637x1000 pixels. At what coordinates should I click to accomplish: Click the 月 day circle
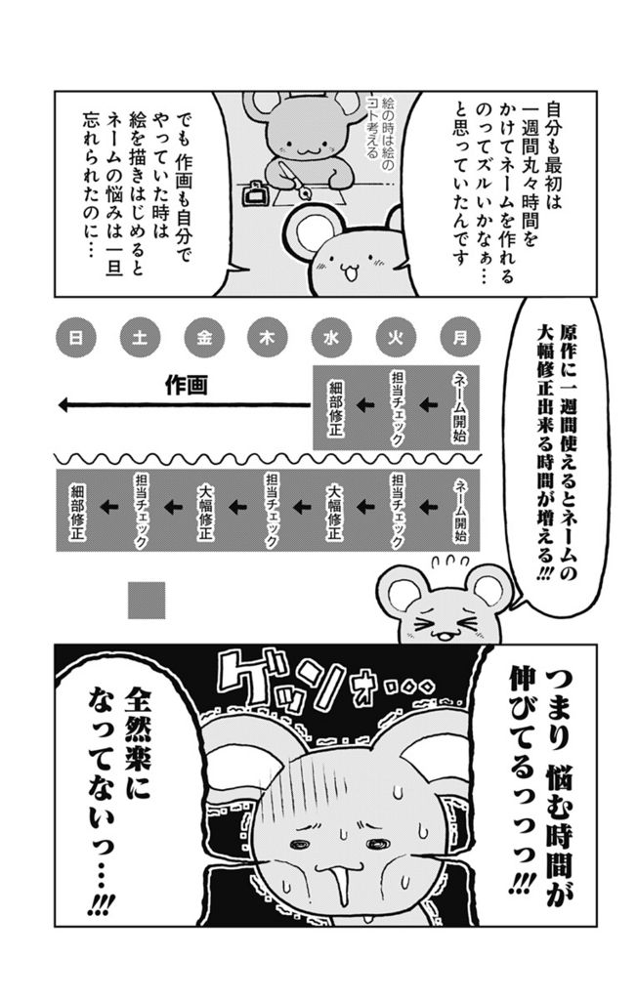point(459,337)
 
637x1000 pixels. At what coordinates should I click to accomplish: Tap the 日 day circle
point(75,337)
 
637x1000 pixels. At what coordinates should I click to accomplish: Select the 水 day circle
point(331,337)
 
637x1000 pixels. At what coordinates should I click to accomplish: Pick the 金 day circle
point(203,337)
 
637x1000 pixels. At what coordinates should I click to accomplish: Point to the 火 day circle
point(396,337)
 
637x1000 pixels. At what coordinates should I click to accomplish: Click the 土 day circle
point(139,337)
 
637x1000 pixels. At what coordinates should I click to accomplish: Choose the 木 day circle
point(268,337)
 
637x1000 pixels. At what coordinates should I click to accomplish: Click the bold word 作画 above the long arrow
point(187,385)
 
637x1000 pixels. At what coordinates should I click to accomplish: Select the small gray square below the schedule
point(147,600)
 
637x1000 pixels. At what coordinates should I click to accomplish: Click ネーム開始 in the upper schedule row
point(459,408)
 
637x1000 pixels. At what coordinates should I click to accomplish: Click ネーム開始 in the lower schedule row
point(459,510)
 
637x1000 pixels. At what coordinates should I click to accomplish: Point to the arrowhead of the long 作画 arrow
point(63,404)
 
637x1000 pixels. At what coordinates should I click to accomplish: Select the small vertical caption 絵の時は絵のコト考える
point(378,141)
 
